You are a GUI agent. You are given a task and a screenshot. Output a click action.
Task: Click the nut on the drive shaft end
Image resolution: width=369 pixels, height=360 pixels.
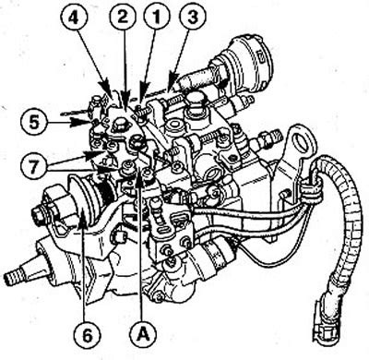point(39,218)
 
